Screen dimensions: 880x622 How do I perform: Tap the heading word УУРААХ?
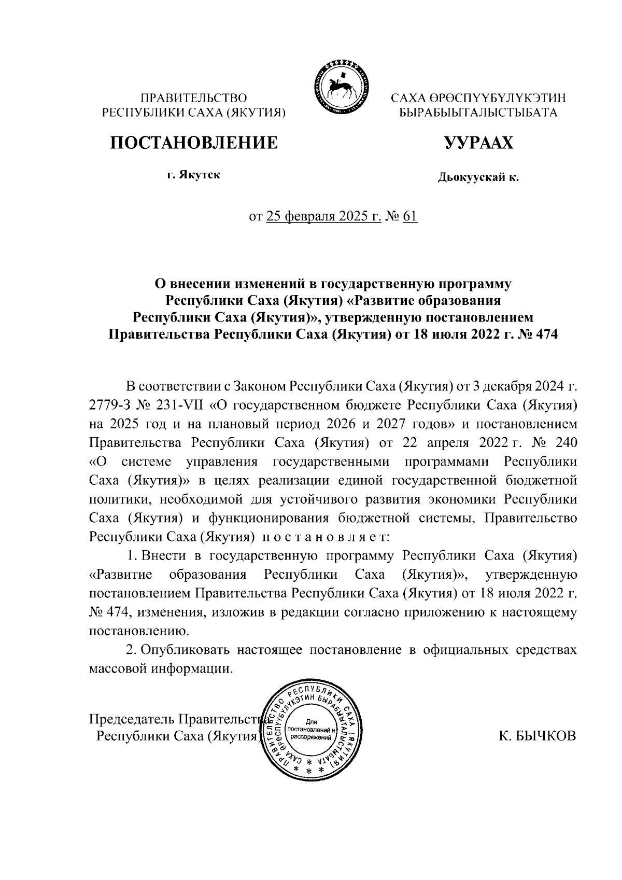[x=478, y=142]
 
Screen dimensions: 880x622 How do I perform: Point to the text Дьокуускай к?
[x=478, y=178]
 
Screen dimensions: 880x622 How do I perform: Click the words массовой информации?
[x=159, y=668]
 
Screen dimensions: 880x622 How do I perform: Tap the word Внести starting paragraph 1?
[x=164, y=555]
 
